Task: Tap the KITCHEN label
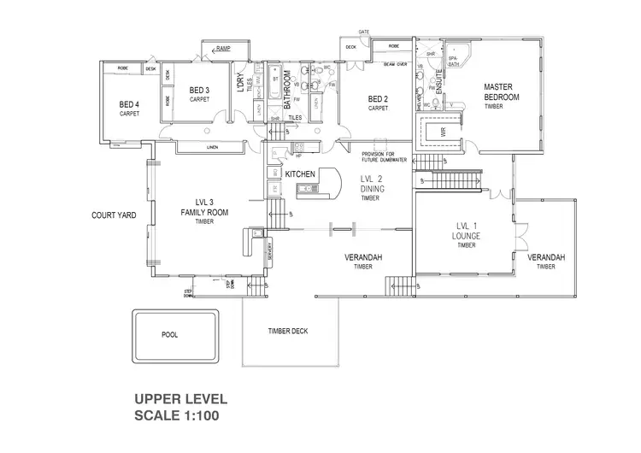pos(300,174)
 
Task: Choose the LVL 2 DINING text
pos(369,184)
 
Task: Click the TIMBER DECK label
pos(287,331)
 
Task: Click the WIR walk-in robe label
pos(442,132)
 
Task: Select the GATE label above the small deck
pos(363,32)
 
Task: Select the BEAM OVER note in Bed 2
pos(394,63)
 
